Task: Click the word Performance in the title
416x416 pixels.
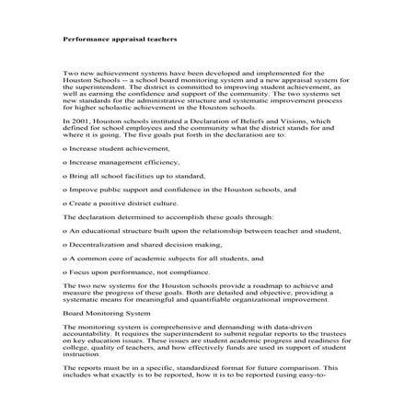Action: [86, 40]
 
